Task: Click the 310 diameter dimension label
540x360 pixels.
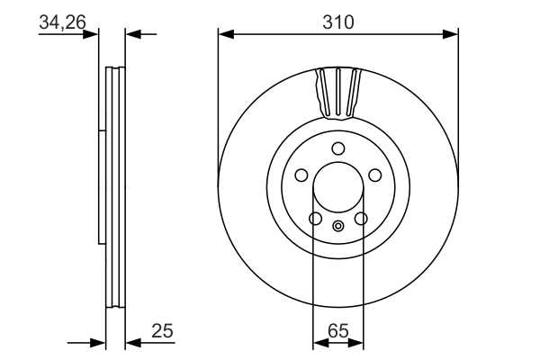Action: [337, 21]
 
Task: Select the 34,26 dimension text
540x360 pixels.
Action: [62, 22]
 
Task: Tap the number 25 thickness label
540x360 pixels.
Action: [162, 331]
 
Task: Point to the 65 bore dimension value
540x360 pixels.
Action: [337, 330]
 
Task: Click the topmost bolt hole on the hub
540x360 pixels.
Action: [337, 148]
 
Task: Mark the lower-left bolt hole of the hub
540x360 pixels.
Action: [315, 218]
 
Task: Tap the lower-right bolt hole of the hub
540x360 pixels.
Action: [361, 218]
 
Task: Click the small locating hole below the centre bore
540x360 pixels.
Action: [337, 226]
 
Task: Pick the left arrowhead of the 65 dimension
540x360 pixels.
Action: [318, 343]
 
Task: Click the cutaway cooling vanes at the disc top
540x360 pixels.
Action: [338, 93]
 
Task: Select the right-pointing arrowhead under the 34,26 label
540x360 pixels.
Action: [91, 34]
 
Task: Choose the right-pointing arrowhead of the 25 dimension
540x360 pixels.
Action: [99, 343]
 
